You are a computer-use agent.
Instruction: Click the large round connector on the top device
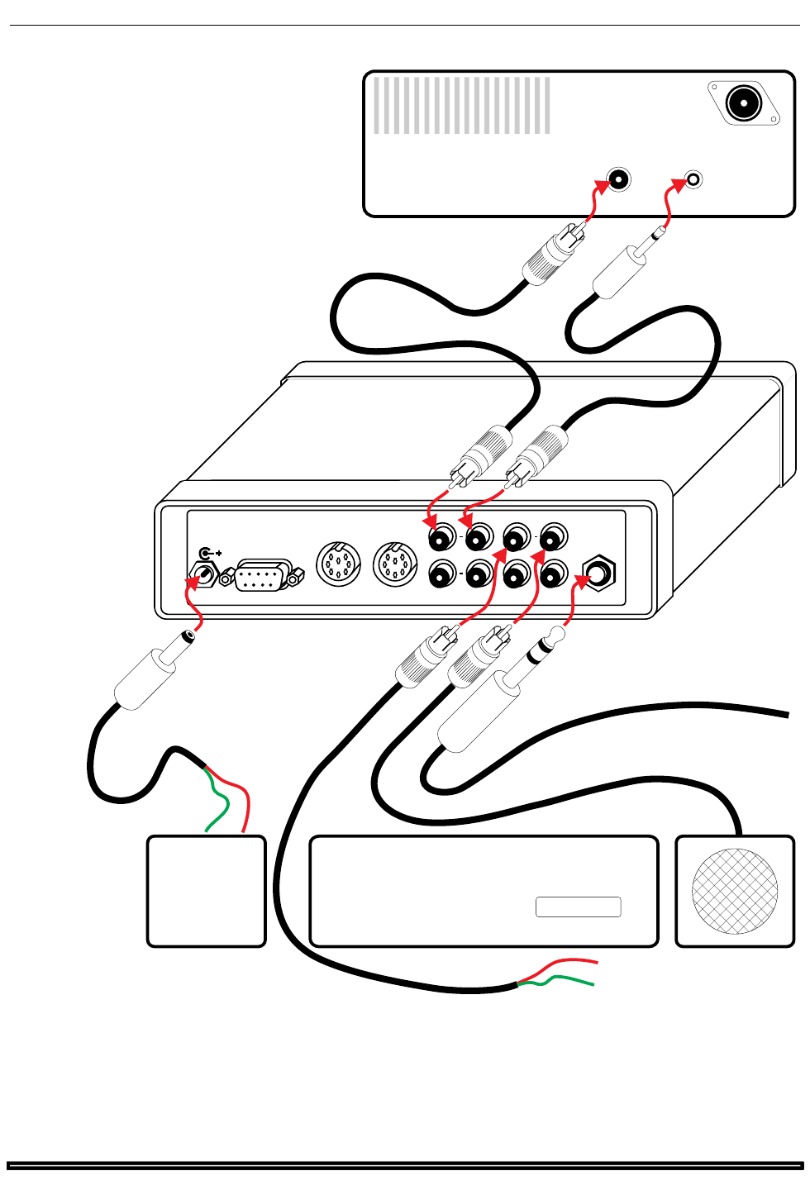tap(743, 103)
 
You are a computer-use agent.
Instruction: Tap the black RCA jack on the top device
tap(617, 179)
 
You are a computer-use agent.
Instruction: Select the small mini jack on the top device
tap(693, 179)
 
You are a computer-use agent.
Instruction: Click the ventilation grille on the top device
tap(461, 105)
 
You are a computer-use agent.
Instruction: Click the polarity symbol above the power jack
tap(211, 553)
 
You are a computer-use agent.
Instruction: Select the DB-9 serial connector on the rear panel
tap(262, 576)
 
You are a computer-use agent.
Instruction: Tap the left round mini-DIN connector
tap(338, 564)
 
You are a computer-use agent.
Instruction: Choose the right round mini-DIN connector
tap(395, 564)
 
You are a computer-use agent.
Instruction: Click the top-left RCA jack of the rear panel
tap(442, 539)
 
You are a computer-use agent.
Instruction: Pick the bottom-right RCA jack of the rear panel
tap(552, 573)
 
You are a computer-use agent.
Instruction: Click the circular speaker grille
tap(734, 891)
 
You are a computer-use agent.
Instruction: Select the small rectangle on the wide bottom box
tap(578, 907)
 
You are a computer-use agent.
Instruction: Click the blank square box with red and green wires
tap(206, 891)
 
